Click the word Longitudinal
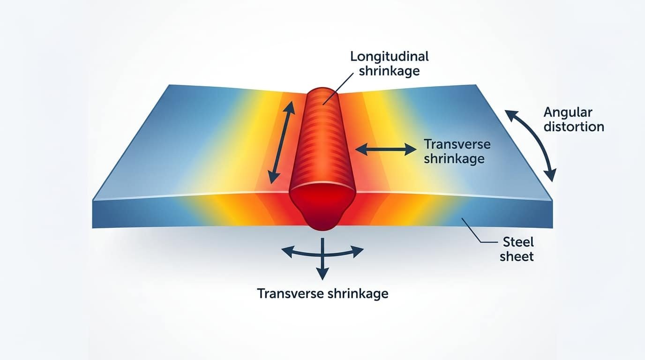pos(390,56)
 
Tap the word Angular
pos(568,113)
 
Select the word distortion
pos(574,127)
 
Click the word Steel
pos(518,242)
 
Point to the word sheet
pos(517,256)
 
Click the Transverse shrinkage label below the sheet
pos(322,294)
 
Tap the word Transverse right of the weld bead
pos(457,144)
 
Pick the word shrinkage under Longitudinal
pos(389,71)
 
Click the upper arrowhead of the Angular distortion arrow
pos(511,115)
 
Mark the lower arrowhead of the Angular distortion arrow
pos(550,175)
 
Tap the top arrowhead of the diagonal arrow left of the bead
pos(290,108)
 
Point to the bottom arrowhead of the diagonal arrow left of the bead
pos(272,177)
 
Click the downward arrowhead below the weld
pos(322,274)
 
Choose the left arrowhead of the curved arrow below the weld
pos(287,251)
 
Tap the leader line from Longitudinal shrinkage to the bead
pos(338,89)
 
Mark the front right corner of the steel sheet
pos(552,228)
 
